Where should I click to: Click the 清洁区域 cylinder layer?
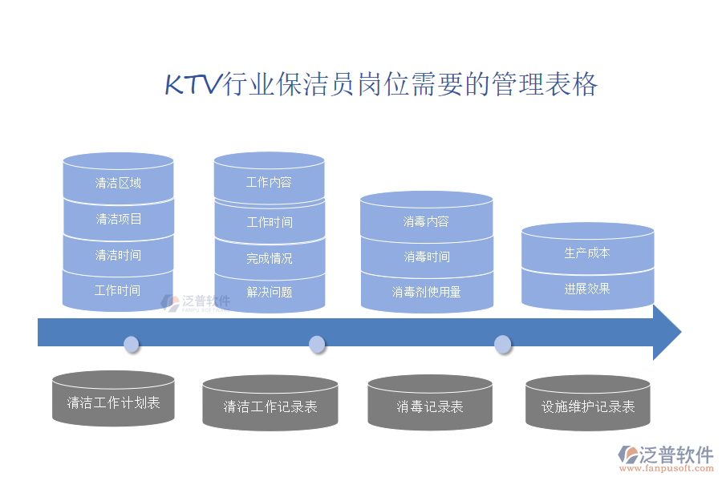pos(118,183)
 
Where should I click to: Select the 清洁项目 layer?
pos(118,219)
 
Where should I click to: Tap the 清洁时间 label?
pos(118,255)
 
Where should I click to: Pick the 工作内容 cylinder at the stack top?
pos(269,182)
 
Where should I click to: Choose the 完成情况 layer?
pos(269,258)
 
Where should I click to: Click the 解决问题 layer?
pos(269,292)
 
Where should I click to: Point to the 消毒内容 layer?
pos(426,221)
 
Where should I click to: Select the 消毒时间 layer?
pos(426,257)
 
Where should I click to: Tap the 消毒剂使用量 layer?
pos(426,292)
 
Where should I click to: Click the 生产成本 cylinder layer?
pos(587,253)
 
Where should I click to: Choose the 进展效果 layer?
pos(587,289)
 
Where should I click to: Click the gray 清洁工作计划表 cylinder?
pos(113,402)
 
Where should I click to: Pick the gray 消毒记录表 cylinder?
pos(429,406)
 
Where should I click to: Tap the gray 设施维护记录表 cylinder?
pos(587,406)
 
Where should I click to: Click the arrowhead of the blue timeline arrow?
pos(666,332)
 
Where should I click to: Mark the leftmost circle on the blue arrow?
pos(132,345)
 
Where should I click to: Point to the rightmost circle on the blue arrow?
pos(502,345)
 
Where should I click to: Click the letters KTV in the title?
pos(192,84)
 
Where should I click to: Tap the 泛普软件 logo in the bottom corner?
pos(666,455)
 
